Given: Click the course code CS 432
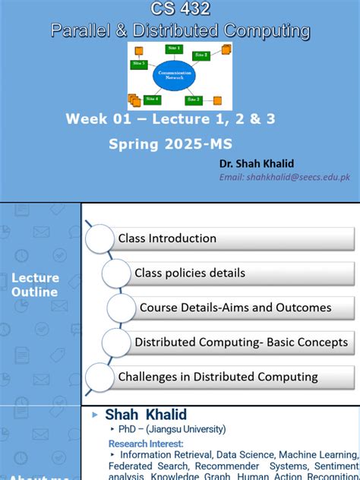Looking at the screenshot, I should point(180,9).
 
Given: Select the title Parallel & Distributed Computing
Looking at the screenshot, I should point(180,30).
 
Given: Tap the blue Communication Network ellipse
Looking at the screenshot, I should point(174,75).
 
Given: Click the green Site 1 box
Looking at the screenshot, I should point(175,49).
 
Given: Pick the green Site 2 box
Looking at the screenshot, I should point(201,55).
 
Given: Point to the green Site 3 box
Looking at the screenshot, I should point(194,99).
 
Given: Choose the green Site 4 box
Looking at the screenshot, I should point(153,99).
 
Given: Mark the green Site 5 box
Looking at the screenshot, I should point(139,65).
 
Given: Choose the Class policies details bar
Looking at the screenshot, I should point(190,273).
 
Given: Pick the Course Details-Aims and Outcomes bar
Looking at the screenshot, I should point(235,308).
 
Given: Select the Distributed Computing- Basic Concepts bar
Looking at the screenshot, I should point(241,343).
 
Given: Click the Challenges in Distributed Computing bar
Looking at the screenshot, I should point(218,377).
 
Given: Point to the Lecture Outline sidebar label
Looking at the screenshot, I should point(35,285).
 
